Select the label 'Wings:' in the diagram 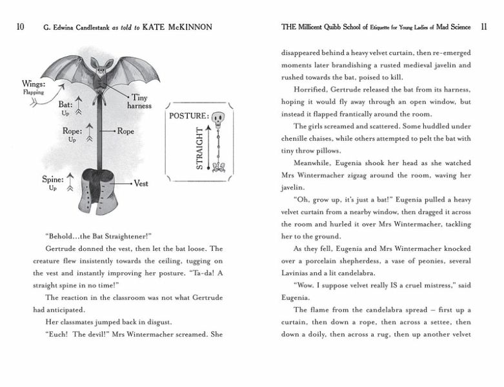click(x=33, y=84)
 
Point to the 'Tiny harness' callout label click(x=139, y=101)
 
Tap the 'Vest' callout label click(x=141, y=184)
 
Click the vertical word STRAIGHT click(x=199, y=148)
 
